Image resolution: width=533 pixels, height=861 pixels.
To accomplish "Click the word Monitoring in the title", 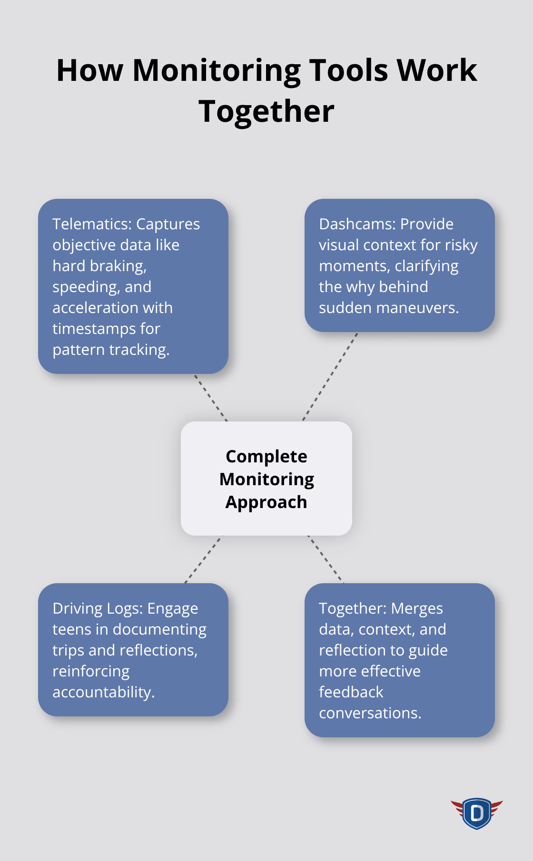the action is pos(216,70).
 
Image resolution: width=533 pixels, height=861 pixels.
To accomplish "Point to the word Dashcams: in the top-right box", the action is pos(357,224).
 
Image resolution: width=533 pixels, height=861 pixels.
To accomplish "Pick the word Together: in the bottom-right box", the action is pos(354,609).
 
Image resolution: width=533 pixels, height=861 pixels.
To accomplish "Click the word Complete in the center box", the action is pos(266,457).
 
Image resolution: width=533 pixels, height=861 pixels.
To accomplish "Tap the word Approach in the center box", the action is pos(266,502).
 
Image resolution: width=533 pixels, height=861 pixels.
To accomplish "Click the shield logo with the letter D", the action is pos(476,813).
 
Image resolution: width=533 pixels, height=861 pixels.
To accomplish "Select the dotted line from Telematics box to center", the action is pos(210,398).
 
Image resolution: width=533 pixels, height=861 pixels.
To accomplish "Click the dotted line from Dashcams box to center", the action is pos(330,377).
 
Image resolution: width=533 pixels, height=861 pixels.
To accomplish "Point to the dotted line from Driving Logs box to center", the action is pos(204,559).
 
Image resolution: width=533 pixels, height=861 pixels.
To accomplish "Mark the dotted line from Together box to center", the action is pos(326,559).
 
